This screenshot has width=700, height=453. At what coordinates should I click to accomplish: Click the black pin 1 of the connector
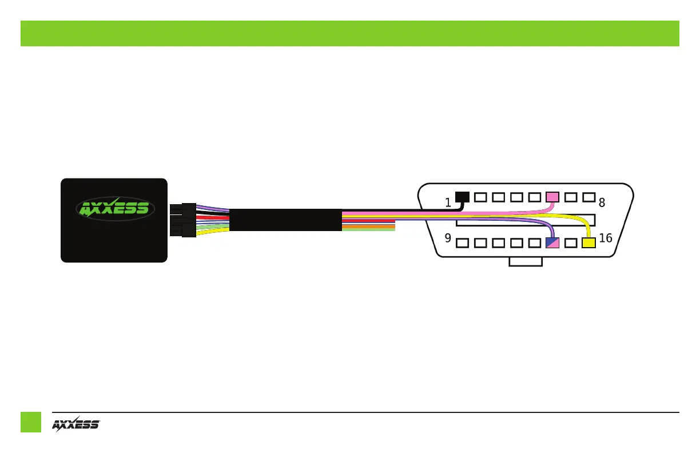point(462,197)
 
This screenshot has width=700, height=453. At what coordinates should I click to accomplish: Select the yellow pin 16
point(588,243)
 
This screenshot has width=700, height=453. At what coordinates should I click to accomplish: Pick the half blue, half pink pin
point(552,243)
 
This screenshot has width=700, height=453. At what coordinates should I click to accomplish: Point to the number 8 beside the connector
point(602,202)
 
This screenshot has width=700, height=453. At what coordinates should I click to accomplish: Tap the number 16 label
point(606,237)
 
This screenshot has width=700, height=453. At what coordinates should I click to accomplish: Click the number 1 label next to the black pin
point(449,202)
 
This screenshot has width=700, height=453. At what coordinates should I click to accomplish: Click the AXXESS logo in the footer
point(76,424)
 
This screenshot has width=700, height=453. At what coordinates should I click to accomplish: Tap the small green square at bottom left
point(31,422)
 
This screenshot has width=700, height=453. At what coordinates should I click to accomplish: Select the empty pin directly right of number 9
point(463,243)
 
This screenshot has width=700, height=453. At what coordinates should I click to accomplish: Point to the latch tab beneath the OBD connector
point(526,262)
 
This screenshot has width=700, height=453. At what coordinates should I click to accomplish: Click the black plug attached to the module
point(183,220)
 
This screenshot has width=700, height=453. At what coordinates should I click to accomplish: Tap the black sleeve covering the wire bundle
point(285,220)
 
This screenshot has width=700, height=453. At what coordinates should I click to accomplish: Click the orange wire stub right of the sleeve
point(368,227)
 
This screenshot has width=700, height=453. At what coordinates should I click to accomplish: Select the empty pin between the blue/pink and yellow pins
point(570,243)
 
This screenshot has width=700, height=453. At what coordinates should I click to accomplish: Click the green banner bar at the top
point(349,33)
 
